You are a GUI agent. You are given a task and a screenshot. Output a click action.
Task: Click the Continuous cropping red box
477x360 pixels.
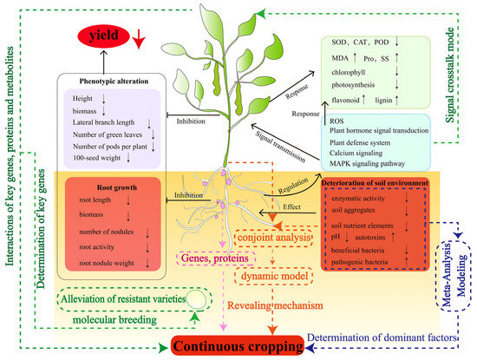tap(241, 345)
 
